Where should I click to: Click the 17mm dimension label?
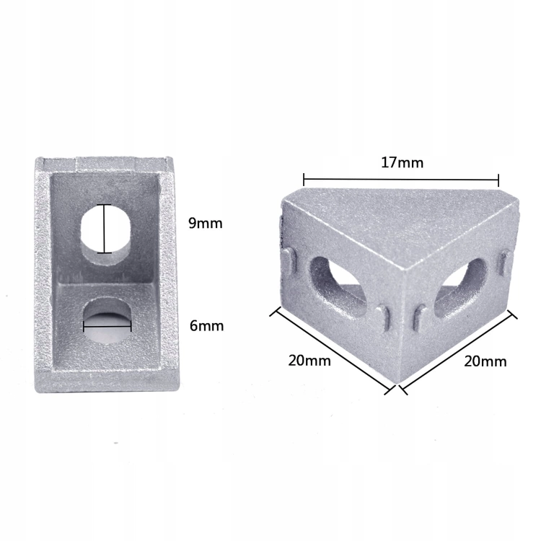pos(402,162)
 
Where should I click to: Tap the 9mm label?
pos(206,223)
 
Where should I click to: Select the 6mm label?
pos(207,326)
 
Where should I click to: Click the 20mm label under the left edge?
pos(309,361)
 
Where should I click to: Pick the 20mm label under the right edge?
pos(485,361)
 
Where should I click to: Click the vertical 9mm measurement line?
pos(104,229)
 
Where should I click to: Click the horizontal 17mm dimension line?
pos(401,180)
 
